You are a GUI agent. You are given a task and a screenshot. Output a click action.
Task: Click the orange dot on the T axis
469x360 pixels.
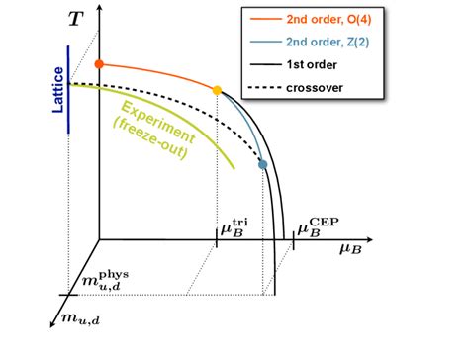click(99, 64)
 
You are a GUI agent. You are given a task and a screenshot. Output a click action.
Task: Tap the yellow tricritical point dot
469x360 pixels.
click(218, 91)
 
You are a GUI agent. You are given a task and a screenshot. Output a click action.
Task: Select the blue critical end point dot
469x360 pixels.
click(263, 164)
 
